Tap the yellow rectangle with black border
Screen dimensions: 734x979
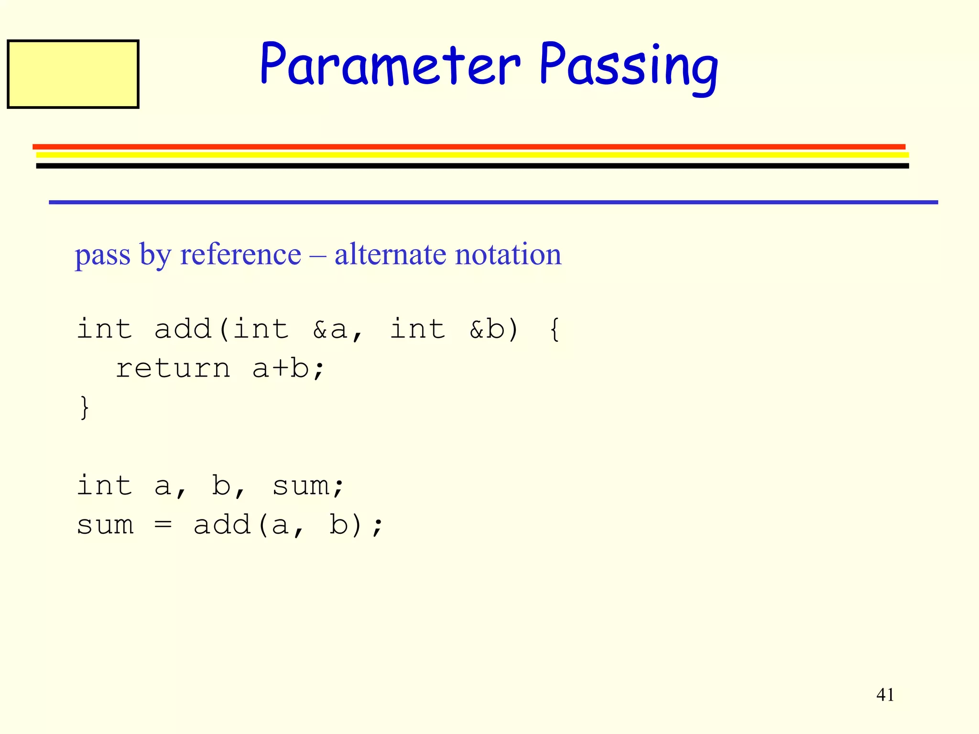pyautogui.click(x=73, y=74)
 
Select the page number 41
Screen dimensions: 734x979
pyautogui.click(x=885, y=695)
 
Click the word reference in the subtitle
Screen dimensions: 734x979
pyautogui.click(x=240, y=254)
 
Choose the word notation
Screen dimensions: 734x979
pyautogui.click(x=508, y=254)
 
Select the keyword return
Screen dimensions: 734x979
pyautogui.click(x=173, y=369)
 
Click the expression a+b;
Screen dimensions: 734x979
pyautogui.click(x=288, y=369)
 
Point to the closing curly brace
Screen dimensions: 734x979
pyautogui.click(x=85, y=407)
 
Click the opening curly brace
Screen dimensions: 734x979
pyautogui.click(x=555, y=330)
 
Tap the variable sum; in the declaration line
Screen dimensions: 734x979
pyautogui.click(x=308, y=486)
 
